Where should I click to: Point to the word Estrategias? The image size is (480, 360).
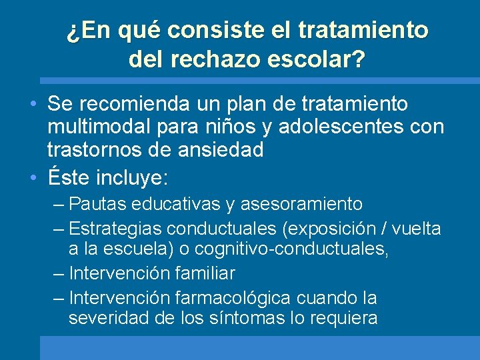115,229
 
